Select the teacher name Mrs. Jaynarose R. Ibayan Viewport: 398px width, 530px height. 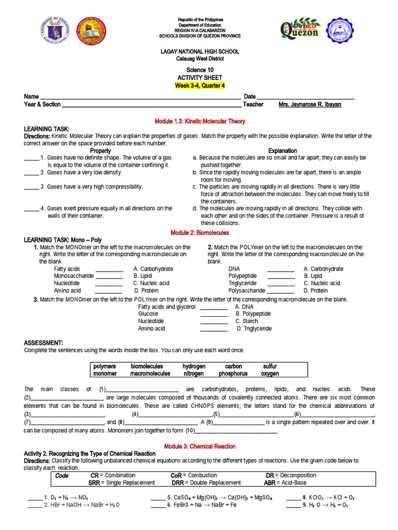pyautogui.click(x=310, y=105)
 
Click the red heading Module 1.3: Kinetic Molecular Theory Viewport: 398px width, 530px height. pyautogui.click(x=200, y=121)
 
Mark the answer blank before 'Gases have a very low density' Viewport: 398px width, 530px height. pyautogui.click(x=31, y=172)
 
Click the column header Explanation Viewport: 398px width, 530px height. pyautogui.click(x=282, y=151)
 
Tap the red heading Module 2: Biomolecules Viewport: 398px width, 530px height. pyautogui.click(x=200, y=233)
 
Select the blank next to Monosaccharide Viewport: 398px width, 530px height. pyautogui.click(x=109, y=276)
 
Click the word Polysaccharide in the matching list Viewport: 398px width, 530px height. pyautogui.click(x=246, y=291)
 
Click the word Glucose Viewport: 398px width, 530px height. pyautogui.click(x=148, y=314)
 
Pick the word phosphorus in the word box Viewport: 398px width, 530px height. pyautogui.click(x=233, y=373)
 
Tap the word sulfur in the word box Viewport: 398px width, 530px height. pyautogui.click(x=270, y=366)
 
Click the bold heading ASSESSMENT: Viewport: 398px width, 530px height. pyautogui.click(x=44, y=343)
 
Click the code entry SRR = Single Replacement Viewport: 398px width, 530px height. pyautogui.click(x=121, y=482)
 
